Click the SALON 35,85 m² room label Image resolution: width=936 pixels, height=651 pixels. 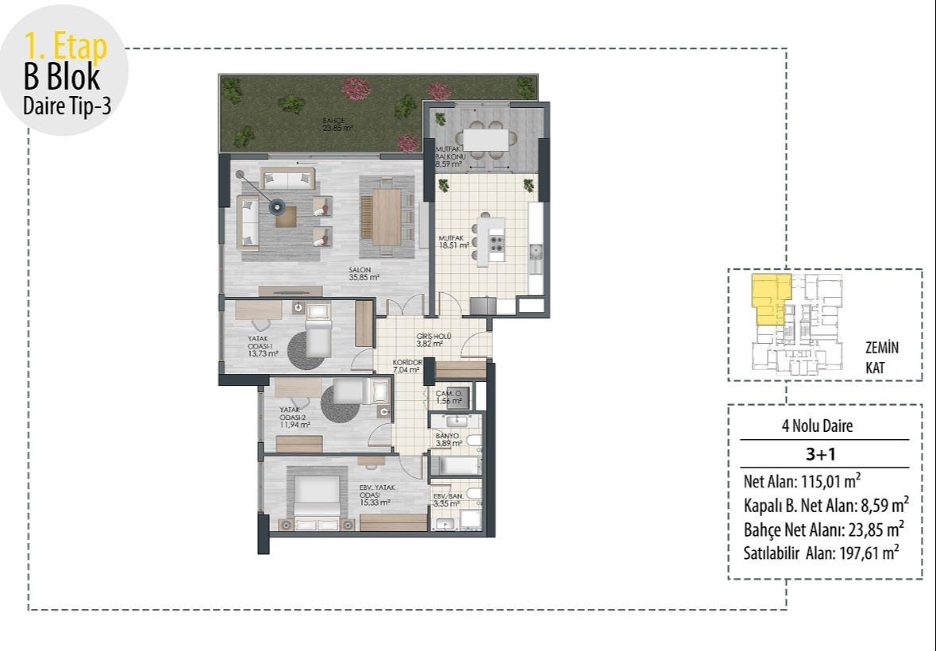tap(364, 274)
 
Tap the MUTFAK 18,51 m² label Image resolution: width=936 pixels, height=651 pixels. tap(454, 242)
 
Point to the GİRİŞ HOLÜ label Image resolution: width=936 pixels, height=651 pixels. tap(434, 341)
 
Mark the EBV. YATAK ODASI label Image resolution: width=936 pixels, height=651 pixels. tap(375, 495)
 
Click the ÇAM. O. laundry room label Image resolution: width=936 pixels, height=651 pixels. tap(449, 397)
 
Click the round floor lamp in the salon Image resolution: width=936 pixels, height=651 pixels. tap(277, 206)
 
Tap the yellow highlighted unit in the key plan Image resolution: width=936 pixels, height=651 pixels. tap(769, 300)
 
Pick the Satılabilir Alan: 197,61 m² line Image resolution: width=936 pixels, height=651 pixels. tap(819, 553)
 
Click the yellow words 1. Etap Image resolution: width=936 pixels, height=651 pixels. tap(66, 47)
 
